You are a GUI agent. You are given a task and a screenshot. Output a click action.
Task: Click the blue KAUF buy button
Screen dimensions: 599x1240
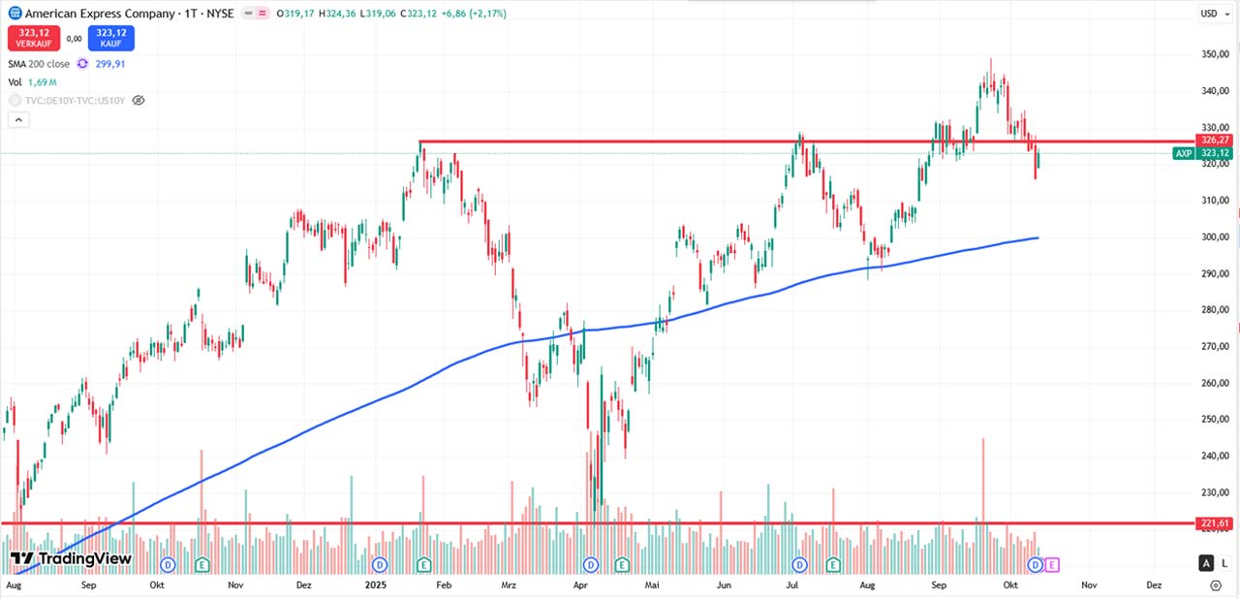click(110, 38)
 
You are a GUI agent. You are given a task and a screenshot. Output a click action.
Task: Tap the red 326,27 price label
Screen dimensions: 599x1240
click(1215, 141)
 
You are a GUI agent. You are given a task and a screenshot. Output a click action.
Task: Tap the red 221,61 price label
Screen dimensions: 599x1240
click(1215, 523)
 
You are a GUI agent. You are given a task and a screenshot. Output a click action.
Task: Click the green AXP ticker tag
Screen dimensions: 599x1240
click(1184, 153)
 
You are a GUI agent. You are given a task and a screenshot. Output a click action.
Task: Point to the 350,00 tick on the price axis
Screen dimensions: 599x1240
click(1215, 54)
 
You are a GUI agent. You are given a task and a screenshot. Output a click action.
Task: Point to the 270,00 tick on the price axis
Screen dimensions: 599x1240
click(1215, 346)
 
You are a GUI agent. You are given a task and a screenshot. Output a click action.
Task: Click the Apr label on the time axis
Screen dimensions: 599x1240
click(581, 585)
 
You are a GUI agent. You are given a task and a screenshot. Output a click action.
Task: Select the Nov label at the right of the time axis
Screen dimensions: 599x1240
click(1089, 585)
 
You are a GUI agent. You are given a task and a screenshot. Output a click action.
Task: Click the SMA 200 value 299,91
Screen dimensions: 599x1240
click(109, 64)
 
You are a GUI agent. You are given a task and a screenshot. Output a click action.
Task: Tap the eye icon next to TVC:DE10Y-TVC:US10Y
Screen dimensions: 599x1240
click(139, 100)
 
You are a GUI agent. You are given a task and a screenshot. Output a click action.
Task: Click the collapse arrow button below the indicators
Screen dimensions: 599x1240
click(18, 120)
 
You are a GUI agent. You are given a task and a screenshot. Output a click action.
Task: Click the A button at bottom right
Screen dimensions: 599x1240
click(1206, 563)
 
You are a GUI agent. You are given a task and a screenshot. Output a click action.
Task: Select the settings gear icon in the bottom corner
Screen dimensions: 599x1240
click(1216, 585)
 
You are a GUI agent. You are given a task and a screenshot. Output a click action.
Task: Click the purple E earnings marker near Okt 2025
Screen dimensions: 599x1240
click(1052, 564)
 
